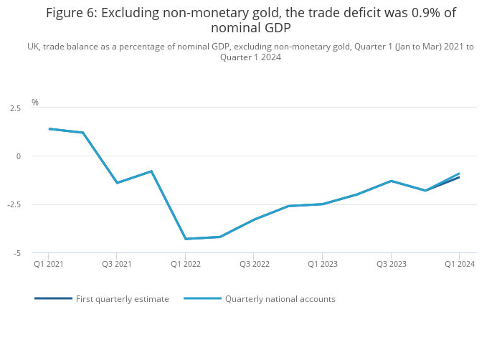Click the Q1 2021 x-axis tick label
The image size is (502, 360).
point(49,264)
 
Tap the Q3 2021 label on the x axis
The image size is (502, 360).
point(117,264)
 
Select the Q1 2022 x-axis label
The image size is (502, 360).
point(186,264)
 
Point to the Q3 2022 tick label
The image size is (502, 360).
point(254,264)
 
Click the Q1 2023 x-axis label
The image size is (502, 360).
point(323,264)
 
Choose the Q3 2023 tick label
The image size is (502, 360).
point(391,264)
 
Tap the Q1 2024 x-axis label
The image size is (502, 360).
point(460,264)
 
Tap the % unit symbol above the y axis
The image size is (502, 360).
point(34,103)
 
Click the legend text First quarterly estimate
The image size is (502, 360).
point(123,299)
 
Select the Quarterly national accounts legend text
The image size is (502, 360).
point(280,299)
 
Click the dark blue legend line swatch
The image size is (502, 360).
point(53,298)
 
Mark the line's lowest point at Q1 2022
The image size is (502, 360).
point(186,239)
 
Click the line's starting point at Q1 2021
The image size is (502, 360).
point(49,129)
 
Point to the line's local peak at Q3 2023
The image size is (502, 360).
point(391,181)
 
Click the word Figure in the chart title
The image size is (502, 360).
point(66,13)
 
